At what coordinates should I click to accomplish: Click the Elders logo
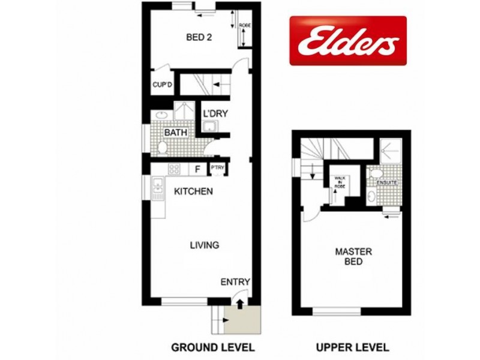click(348, 40)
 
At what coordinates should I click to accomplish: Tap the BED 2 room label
click(199, 37)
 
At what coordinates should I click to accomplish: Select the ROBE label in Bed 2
click(245, 26)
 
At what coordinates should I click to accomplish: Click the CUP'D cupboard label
click(162, 85)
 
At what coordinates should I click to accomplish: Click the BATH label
click(176, 132)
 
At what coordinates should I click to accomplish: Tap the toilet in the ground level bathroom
click(163, 147)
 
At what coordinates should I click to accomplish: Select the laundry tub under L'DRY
click(209, 126)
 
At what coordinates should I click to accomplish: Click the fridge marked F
click(197, 170)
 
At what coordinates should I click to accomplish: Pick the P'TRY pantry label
click(217, 170)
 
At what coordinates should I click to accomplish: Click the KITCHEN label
click(193, 192)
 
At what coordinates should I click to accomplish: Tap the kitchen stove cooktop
click(175, 170)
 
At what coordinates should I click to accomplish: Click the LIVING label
click(204, 245)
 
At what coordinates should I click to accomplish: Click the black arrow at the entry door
click(240, 304)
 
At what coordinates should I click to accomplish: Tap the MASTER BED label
click(353, 256)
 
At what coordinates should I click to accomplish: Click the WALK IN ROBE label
click(341, 182)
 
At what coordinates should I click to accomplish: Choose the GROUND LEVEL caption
click(213, 347)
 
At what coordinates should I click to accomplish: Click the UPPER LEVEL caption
click(353, 347)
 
